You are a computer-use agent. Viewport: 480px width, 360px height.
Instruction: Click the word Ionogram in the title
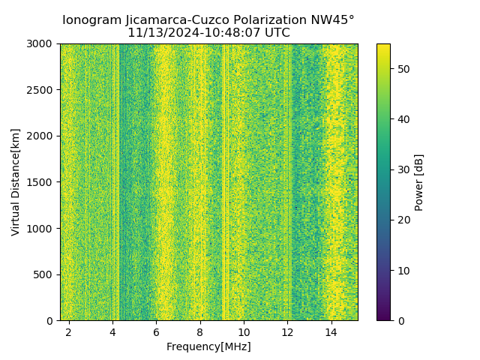click(90, 20)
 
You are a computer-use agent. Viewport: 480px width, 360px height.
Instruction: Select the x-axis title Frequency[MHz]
click(208, 346)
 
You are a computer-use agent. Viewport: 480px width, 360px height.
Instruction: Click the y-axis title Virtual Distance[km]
click(16, 182)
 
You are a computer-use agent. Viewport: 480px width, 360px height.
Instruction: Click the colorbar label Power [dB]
click(419, 182)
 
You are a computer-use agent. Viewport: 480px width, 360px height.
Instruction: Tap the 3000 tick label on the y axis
click(40, 43)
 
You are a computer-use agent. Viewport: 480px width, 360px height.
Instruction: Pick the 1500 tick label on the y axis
click(40, 182)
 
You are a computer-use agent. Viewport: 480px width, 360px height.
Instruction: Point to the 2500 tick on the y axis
click(40, 90)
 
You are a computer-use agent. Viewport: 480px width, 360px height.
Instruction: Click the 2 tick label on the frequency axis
click(69, 331)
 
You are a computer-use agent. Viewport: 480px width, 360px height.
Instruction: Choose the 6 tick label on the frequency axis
click(156, 331)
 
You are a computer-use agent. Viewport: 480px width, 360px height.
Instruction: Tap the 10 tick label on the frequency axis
click(244, 331)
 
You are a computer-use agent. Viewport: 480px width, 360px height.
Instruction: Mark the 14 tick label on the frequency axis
click(331, 331)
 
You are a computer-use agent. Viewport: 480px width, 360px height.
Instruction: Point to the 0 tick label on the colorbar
click(399, 320)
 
